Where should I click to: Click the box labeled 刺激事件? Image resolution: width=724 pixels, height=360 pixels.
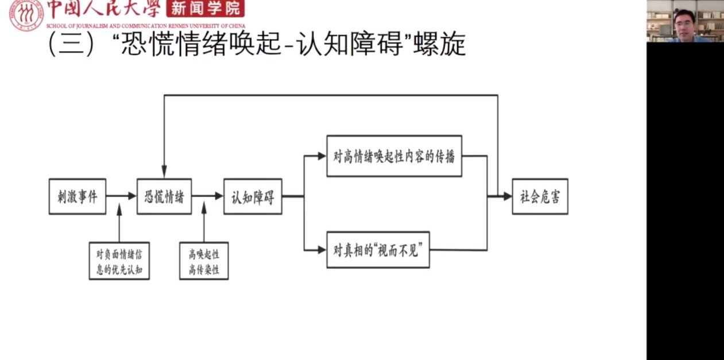[x=78, y=196]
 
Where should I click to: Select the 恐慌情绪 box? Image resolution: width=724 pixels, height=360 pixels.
[x=164, y=196]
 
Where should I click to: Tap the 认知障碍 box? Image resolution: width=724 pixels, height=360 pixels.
[x=253, y=196]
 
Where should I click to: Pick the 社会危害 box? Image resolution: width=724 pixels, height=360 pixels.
[x=540, y=196]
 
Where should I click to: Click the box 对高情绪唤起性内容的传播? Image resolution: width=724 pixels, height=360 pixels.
[x=394, y=156]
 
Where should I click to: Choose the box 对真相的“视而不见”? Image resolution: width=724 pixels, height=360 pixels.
[x=378, y=249]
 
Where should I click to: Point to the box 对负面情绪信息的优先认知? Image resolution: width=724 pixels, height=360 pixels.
[x=119, y=261]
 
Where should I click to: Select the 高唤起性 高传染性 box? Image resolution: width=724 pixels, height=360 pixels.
[x=204, y=261]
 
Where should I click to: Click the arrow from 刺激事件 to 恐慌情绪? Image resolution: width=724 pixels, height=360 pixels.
[x=121, y=196]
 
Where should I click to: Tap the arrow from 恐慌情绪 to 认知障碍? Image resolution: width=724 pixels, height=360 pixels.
[x=207, y=196]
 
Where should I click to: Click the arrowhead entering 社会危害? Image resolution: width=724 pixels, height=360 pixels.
[x=507, y=196]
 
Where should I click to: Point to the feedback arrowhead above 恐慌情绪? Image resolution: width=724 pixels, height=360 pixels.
[x=164, y=172]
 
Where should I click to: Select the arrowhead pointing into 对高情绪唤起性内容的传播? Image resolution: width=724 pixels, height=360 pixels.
[x=322, y=156]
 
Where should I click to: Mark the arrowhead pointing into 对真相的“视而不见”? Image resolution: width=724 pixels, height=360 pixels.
[x=322, y=249]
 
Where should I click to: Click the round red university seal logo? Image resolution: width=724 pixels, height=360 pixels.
[x=25, y=16]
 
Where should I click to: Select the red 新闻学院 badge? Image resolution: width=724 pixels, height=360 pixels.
[x=204, y=9]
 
